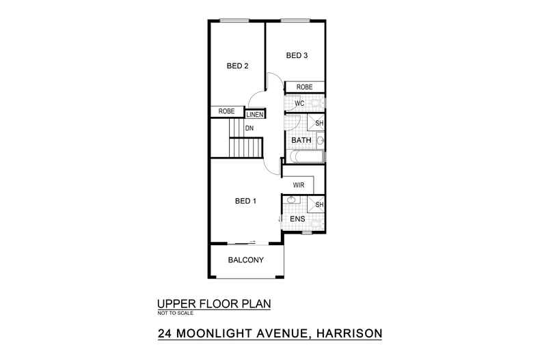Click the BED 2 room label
tap(237, 66)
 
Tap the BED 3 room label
tap(296, 55)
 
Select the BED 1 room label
tap(245, 201)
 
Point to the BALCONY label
tap(245, 260)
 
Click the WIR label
tap(298, 185)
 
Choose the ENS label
tap(298, 219)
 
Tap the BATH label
tap(301, 141)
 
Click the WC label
tap(299, 104)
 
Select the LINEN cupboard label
tap(255, 115)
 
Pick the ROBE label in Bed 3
tap(304, 87)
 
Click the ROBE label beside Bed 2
tap(226, 111)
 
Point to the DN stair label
tap(249, 128)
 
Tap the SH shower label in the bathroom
tap(319, 123)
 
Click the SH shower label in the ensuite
tap(319, 204)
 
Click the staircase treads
tap(245, 147)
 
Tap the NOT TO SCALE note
tap(176, 314)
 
